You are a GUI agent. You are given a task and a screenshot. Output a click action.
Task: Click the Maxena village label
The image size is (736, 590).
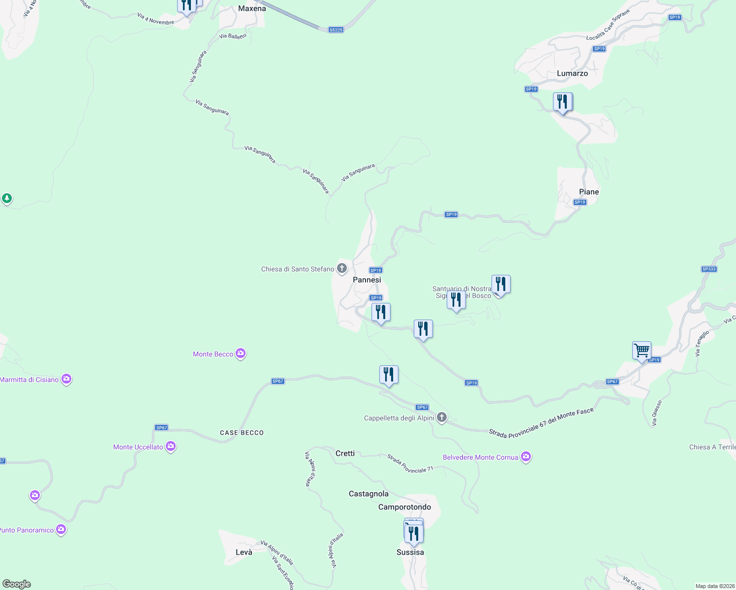coord(252,8)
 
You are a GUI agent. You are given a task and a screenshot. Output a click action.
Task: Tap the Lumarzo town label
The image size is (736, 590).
coord(572,73)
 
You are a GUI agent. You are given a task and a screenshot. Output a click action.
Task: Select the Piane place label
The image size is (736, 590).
coord(589,192)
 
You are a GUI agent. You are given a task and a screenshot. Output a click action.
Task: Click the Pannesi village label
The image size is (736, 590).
coord(367,280)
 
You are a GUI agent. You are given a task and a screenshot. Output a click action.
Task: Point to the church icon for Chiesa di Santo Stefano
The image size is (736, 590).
coord(342,268)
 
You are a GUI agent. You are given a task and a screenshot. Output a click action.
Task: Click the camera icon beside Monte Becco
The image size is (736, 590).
coord(241,354)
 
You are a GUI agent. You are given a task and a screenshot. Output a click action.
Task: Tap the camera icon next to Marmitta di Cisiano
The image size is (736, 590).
coord(66,379)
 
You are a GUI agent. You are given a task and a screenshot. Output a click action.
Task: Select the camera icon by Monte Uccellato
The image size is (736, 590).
coord(171,446)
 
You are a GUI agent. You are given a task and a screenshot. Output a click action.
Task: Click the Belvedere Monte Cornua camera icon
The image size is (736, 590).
coord(526,457)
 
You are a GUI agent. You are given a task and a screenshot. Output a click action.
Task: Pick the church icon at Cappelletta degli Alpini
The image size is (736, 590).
coord(442,418)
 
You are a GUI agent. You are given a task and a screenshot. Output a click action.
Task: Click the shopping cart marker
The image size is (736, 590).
coord(642,351)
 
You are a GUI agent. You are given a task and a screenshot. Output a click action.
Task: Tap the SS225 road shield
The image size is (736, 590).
coord(336,30)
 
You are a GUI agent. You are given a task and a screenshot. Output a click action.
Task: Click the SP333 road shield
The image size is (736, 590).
coord(709,269)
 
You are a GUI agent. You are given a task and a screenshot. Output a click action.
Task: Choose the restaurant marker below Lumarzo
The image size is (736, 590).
coord(562,102)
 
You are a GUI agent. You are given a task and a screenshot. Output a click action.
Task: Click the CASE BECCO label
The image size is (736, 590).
coord(242,433)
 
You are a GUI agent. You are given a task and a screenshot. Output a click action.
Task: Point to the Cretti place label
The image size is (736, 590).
coord(345,453)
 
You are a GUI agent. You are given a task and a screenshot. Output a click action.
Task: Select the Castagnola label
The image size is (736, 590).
coord(368,494)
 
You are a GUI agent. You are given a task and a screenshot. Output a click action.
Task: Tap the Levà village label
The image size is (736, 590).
coord(244,552)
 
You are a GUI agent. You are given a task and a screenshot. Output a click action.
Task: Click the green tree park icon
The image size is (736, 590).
coord(6,199)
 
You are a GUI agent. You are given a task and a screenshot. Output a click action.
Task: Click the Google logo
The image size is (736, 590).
coord(17,584)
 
